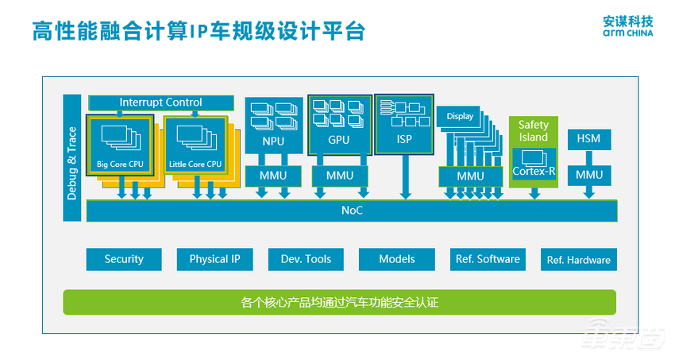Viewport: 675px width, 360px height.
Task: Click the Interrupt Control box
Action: [160, 103]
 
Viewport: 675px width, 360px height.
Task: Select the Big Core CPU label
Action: [119, 165]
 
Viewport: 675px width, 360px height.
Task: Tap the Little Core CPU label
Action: [195, 165]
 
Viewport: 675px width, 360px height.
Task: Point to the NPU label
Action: [272, 141]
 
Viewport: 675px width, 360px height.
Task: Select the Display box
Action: [460, 117]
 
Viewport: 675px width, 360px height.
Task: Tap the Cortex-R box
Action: [534, 172]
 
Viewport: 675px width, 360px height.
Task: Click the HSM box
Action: [588, 139]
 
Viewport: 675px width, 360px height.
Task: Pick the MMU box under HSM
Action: [588, 175]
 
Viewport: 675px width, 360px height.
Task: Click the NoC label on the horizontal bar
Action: [352, 211]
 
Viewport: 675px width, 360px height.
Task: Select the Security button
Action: [124, 259]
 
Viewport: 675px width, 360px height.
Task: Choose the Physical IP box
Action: [214, 259]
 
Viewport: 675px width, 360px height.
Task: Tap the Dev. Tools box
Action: [306, 259]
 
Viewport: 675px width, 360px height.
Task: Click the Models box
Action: [396, 259]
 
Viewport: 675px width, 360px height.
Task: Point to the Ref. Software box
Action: [488, 259]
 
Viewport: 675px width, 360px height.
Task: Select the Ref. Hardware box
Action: [578, 260]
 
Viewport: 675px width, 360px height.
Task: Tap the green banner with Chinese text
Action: [339, 303]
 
